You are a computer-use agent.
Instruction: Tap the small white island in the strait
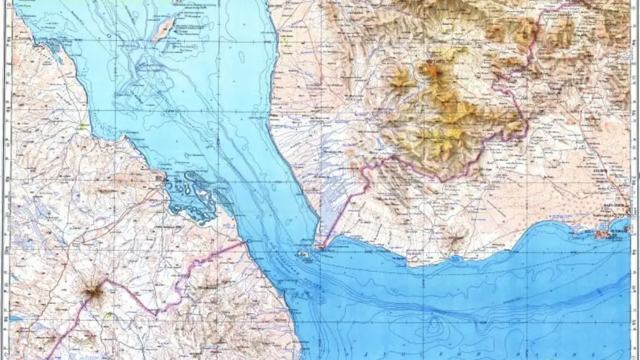point(305,255)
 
